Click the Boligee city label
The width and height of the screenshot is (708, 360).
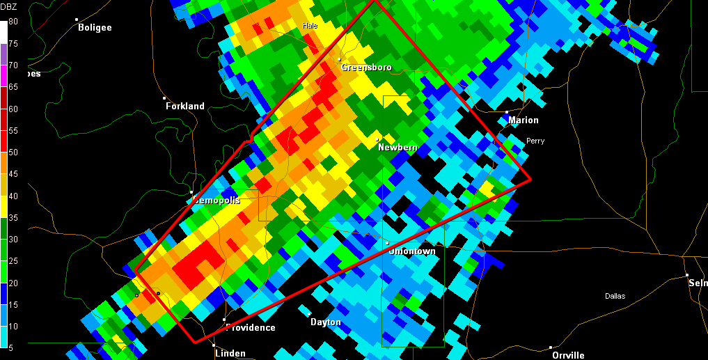(95, 28)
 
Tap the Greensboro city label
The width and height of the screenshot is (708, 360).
(366, 68)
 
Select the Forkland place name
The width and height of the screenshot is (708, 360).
(185, 107)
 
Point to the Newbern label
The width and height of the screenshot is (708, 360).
(398, 148)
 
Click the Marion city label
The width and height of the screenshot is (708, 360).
(524, 120)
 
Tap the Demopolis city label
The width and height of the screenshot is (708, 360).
(217, 201)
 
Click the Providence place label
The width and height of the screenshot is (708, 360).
(251, 328)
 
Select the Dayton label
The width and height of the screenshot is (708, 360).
(326, 322)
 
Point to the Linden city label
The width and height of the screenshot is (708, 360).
(230, 354)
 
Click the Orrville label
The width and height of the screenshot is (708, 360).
(568, 355)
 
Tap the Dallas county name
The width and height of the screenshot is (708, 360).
(615, 296)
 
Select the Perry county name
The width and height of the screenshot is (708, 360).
(535, 141)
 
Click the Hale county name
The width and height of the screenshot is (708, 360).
(310, 26)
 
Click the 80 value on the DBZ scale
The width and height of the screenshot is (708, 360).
(13, 22)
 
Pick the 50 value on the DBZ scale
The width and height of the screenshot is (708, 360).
(13, 152)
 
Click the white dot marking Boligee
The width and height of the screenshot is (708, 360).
(77, 19)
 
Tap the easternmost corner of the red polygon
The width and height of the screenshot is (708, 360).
(530, 179)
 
